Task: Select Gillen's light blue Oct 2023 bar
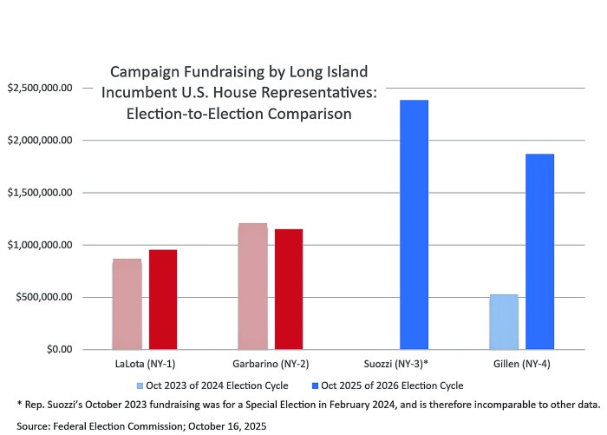(x=504, y=322)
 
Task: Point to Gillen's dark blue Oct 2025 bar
(x=539, y=252)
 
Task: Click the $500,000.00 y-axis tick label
(x=46, y=297)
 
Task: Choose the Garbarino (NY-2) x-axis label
(x=271, y=364)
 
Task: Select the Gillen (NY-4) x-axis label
(x=522, y=364)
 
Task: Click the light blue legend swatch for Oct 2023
(x=140, y=385)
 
